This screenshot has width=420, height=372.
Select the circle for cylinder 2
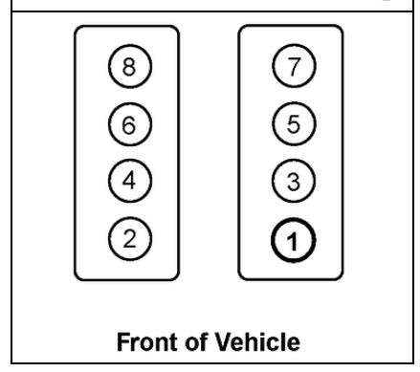pyautogui.click(x=126, y=234)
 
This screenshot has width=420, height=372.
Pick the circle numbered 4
pyautogui.click(x=126, y=179)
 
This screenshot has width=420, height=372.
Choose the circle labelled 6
pyautogui.click(x=126, y=122)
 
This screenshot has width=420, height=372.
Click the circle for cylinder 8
pyautogui.click(x=126, y=67)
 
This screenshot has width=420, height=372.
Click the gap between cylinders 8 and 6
pyautogui.click(x=126, y=95)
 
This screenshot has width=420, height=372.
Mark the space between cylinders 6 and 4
pyautogui.click(x=126, y=151)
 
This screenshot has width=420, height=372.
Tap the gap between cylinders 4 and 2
pyautogui.click(x=126, y=207)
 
